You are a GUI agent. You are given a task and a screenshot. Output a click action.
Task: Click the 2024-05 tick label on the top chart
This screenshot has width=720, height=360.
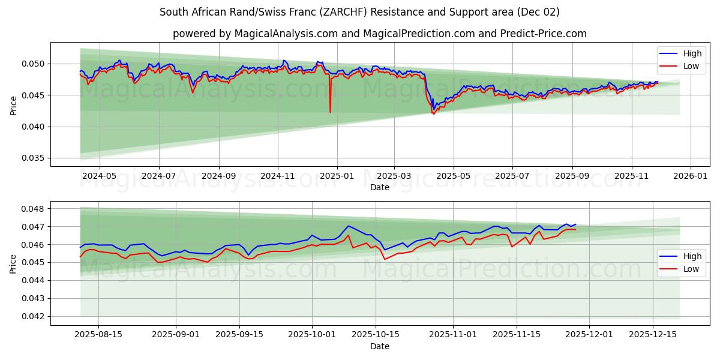coord(99,176)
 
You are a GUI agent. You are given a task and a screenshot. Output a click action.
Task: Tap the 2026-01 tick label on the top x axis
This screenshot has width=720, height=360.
coord(691,176)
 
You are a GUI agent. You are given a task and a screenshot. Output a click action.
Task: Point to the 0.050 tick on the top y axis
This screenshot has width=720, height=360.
coord(33,64)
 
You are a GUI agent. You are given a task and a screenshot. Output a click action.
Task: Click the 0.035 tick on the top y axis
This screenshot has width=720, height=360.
coord(33,158)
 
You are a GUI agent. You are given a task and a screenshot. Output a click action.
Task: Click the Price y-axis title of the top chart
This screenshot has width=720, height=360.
coord(14,104)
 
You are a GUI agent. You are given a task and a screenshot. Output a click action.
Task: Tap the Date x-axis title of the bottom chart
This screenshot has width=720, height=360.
coord(380,346)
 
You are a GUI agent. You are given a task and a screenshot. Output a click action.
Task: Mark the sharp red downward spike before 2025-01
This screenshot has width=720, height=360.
coord(330,111)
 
